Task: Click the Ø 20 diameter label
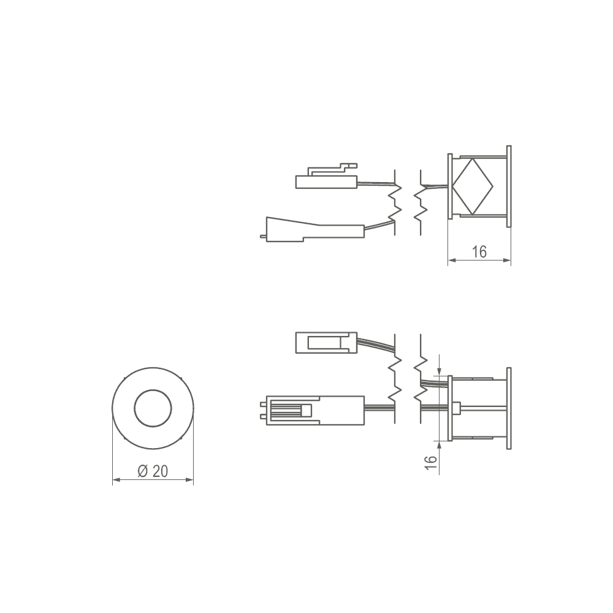coord(153,471)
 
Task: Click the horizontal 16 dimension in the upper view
coord(479,252)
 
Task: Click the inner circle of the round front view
coord(153,408)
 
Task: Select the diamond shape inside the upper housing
coord(473,186)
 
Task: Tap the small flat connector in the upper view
coord(327,182)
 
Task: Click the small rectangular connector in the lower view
coord(327,343)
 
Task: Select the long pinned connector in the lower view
coord(315,410)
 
